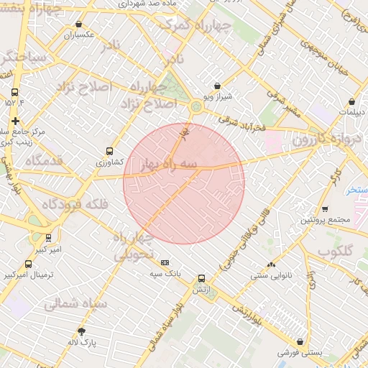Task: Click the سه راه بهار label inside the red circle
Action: pos(170,165)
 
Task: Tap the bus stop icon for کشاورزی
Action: pos(109,152)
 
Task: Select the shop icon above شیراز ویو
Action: pos(218,86)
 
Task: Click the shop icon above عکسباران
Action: pos(80,22)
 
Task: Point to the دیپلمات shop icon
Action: pos(351,101)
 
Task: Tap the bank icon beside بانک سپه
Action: pos(165,263)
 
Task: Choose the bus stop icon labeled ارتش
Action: pos(201,277)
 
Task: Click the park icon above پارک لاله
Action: pos(81,331)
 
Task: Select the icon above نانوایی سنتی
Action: pos(271,264)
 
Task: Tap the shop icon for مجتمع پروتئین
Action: pos(325,209)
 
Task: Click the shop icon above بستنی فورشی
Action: pos(300,342)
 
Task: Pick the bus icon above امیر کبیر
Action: pos(48,238)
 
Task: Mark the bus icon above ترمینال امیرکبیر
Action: pos(28,264)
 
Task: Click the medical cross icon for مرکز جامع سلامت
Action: pos(15,121)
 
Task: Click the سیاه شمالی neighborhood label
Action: pos(75,304)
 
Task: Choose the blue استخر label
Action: pos(356,190)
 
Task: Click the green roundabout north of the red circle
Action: pos(196,108)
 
